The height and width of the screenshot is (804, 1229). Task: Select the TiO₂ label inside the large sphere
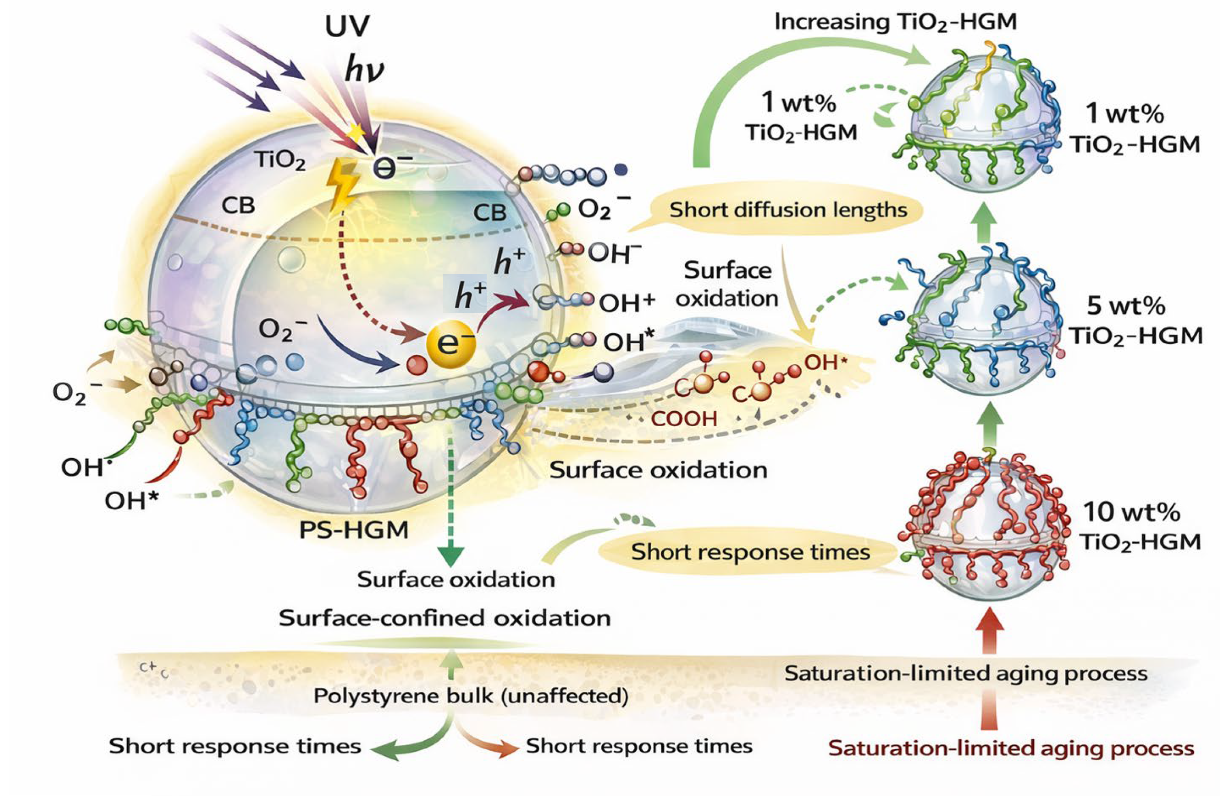(x=279, y=161)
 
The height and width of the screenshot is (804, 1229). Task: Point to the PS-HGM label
(x=354, y=530)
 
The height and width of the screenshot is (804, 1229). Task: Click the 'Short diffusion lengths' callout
(x=788, y=210)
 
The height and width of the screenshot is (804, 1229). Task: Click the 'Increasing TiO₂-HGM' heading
(x=896, y=22)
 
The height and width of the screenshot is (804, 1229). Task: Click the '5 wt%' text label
(x=1126, y=306)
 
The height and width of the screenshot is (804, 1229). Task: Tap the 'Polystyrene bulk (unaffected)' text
(x=470, y=696)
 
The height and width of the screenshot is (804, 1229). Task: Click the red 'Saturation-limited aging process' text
(x=1011, y=748)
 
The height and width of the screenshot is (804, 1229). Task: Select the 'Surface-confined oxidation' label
(x=445, y=618)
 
